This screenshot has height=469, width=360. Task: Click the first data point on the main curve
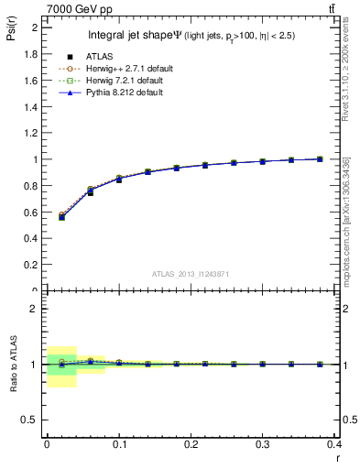pyautogui.click(x=61, y=217)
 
